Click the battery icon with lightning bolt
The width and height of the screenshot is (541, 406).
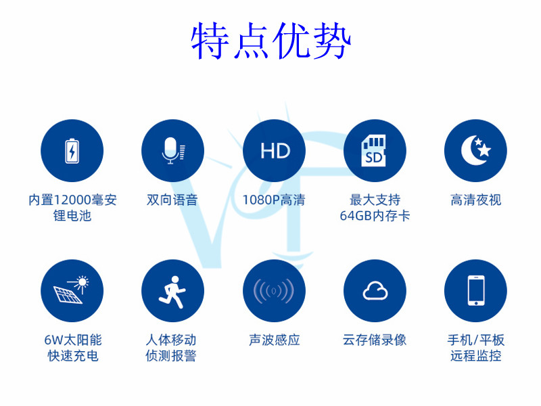point(72,151)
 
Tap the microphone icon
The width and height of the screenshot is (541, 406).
point(173,150)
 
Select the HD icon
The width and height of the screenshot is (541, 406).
point(275,151)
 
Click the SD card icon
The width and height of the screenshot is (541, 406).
point(373,150)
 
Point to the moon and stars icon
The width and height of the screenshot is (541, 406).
point(476,150)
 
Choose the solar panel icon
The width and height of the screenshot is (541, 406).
point(72,290)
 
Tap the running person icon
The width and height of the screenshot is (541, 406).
point(172,292)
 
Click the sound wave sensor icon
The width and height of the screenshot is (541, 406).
point(274,291)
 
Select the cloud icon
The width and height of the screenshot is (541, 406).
point(375,291)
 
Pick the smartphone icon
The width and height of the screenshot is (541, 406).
point(476,290)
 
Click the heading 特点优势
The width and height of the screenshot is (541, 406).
point(271,41)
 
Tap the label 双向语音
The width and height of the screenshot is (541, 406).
point(172,200)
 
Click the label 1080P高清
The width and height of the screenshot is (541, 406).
point(274,200)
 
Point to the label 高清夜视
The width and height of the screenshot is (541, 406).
point(476,200)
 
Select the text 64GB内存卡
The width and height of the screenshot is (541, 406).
point(375,216)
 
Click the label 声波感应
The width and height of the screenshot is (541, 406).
point(275,340)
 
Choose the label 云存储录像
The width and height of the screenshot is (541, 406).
point(375,340)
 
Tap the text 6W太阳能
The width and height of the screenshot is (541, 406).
point(73,340)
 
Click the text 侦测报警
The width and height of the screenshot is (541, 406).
point(171,356)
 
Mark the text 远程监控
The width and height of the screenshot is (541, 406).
point(476,356)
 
